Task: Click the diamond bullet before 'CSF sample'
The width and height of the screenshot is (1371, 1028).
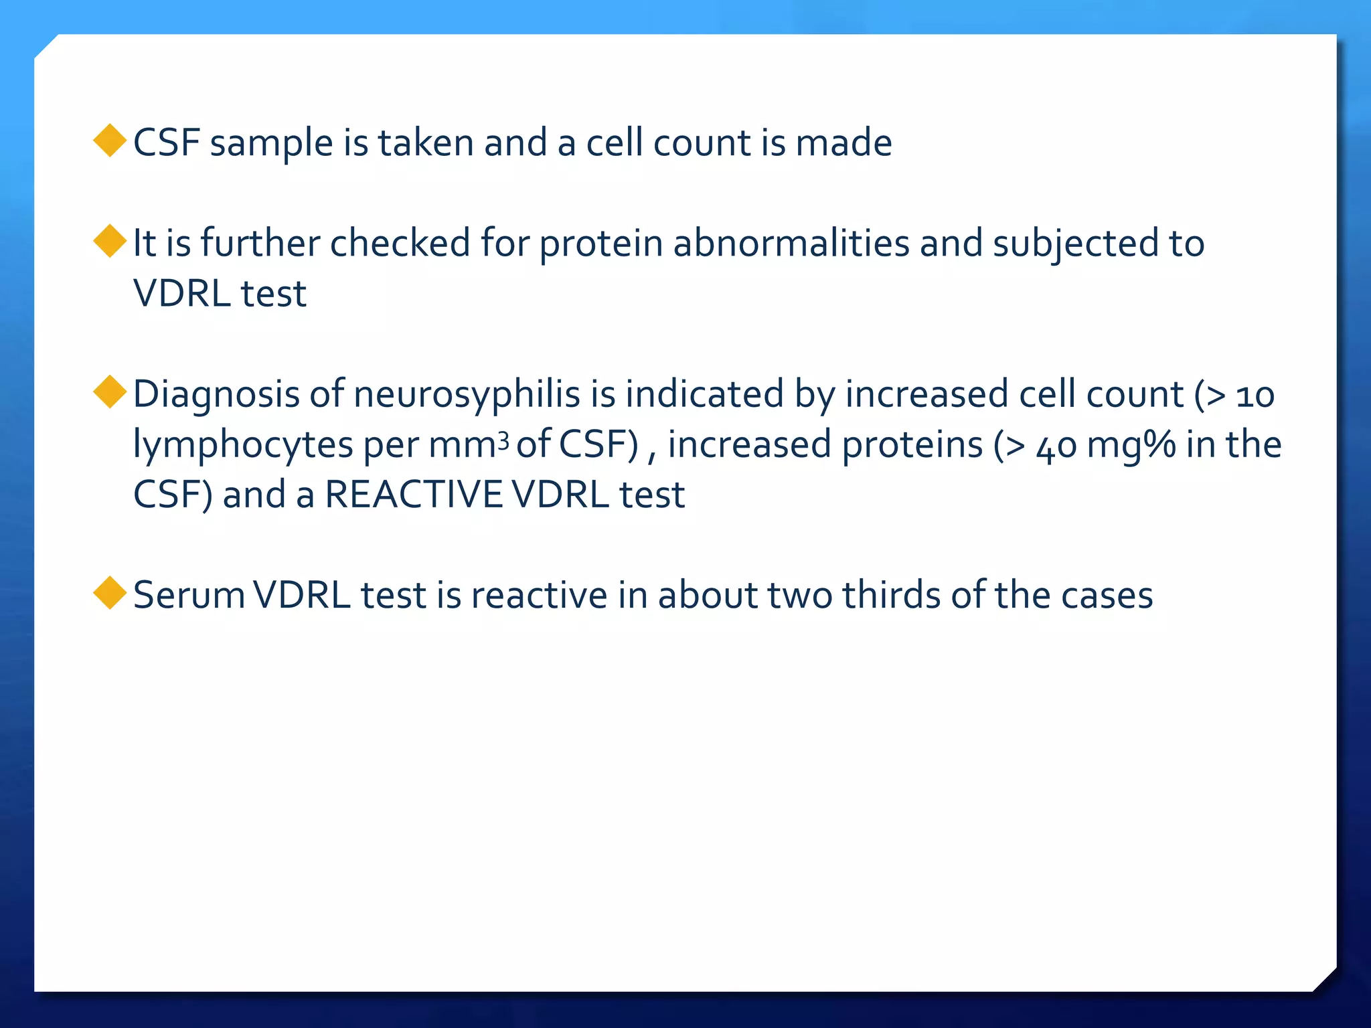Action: tap(110, 141)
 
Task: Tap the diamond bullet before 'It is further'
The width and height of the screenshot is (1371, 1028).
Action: tap(110, 241)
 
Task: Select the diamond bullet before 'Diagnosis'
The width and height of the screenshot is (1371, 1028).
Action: tap(110, 392)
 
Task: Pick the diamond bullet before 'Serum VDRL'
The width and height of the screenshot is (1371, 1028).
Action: tap(110, 593)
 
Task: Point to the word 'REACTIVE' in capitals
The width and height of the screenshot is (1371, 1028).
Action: tap(413, 495)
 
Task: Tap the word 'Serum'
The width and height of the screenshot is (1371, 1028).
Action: tap(189, 595)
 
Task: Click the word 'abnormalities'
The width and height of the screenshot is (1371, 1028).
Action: tap(791, 243)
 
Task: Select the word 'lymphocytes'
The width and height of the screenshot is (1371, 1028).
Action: tap(243, 445)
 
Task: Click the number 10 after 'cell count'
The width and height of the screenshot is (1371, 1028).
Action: tap(1255, 396)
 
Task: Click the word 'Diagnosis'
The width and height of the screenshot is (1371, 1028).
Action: tap(216, 394)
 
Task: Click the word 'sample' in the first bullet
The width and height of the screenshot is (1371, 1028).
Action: tap(271, 144)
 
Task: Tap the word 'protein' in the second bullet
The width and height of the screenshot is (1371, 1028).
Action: tap(601, 244)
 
